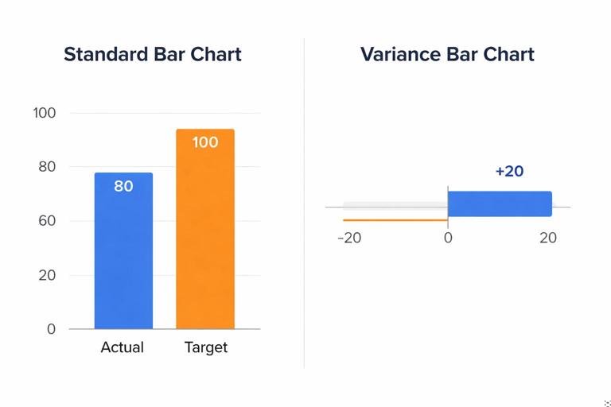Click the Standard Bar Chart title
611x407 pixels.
coord(153,54)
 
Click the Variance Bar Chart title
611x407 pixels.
coord(447,54)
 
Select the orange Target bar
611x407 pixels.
coord(205,238)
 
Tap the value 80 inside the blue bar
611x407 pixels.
coord(123,187)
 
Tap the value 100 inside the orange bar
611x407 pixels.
coord(205,142)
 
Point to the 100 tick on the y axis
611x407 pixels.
coord(45,113)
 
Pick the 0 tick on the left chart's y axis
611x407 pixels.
coord(51,329)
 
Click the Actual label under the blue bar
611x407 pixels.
coord(123,347)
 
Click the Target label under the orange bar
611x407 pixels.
coord(206,347)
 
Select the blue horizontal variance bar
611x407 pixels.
coord(500,203)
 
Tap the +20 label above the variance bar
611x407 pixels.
coord(509,171)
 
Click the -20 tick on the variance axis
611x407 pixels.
coord(349,238)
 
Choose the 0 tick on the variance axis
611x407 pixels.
coord(448,238)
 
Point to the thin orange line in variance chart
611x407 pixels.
coord(395,219)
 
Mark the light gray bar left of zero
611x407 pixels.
coord(395,204)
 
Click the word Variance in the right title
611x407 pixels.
coord(399,54)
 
